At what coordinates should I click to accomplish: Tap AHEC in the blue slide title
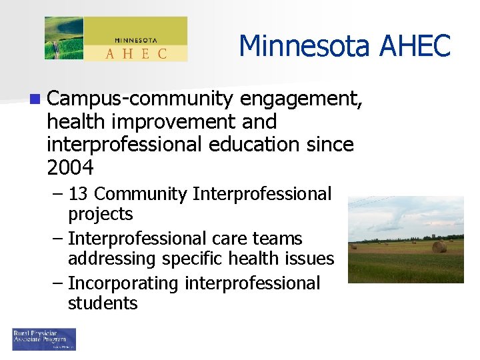(415, 46)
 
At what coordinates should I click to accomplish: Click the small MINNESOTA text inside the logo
(135, 39)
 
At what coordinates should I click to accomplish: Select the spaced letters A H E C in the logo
(135, 53)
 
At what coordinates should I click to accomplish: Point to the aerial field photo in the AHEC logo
(64, 39)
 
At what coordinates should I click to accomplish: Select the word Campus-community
(140, 99)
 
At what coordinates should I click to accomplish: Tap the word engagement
(301, 99)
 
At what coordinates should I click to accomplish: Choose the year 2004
(71, 167)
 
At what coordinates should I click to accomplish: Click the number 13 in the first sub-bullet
(79, 194)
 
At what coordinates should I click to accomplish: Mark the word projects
(100, 214)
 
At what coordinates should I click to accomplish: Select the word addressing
(110, 259)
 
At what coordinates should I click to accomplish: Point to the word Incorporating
(123, 283)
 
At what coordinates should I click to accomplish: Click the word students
(102, 303)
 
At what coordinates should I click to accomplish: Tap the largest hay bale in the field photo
(439, 247)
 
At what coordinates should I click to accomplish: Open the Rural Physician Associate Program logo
(44, 339)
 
